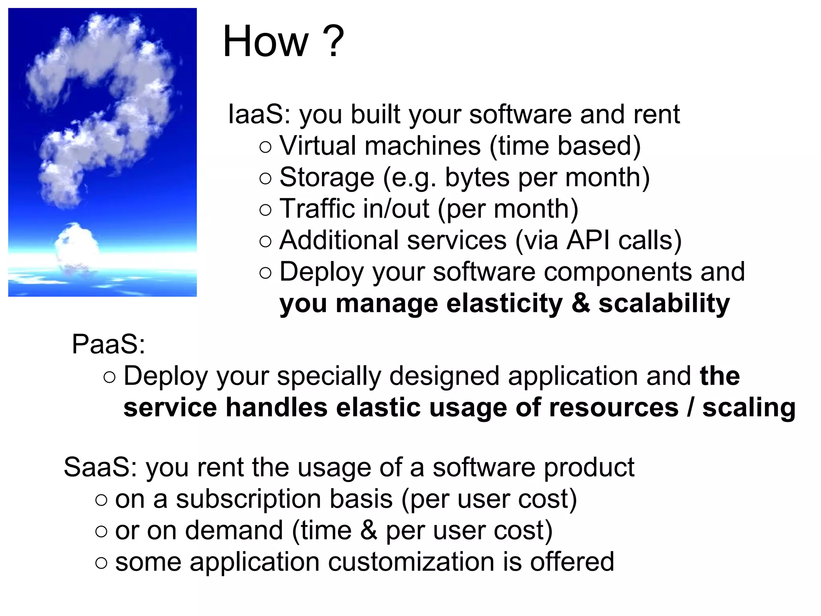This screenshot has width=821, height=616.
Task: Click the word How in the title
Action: [x=266, y=41]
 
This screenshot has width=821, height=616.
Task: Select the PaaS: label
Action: [x=108, y=344]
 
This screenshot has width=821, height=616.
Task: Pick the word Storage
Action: [x=327, y=177]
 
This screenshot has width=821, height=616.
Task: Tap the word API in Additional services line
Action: [x=588, y=240]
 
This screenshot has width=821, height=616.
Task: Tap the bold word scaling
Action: [x=748, y=407]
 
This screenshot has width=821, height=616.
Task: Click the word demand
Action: [x=234, y=531]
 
